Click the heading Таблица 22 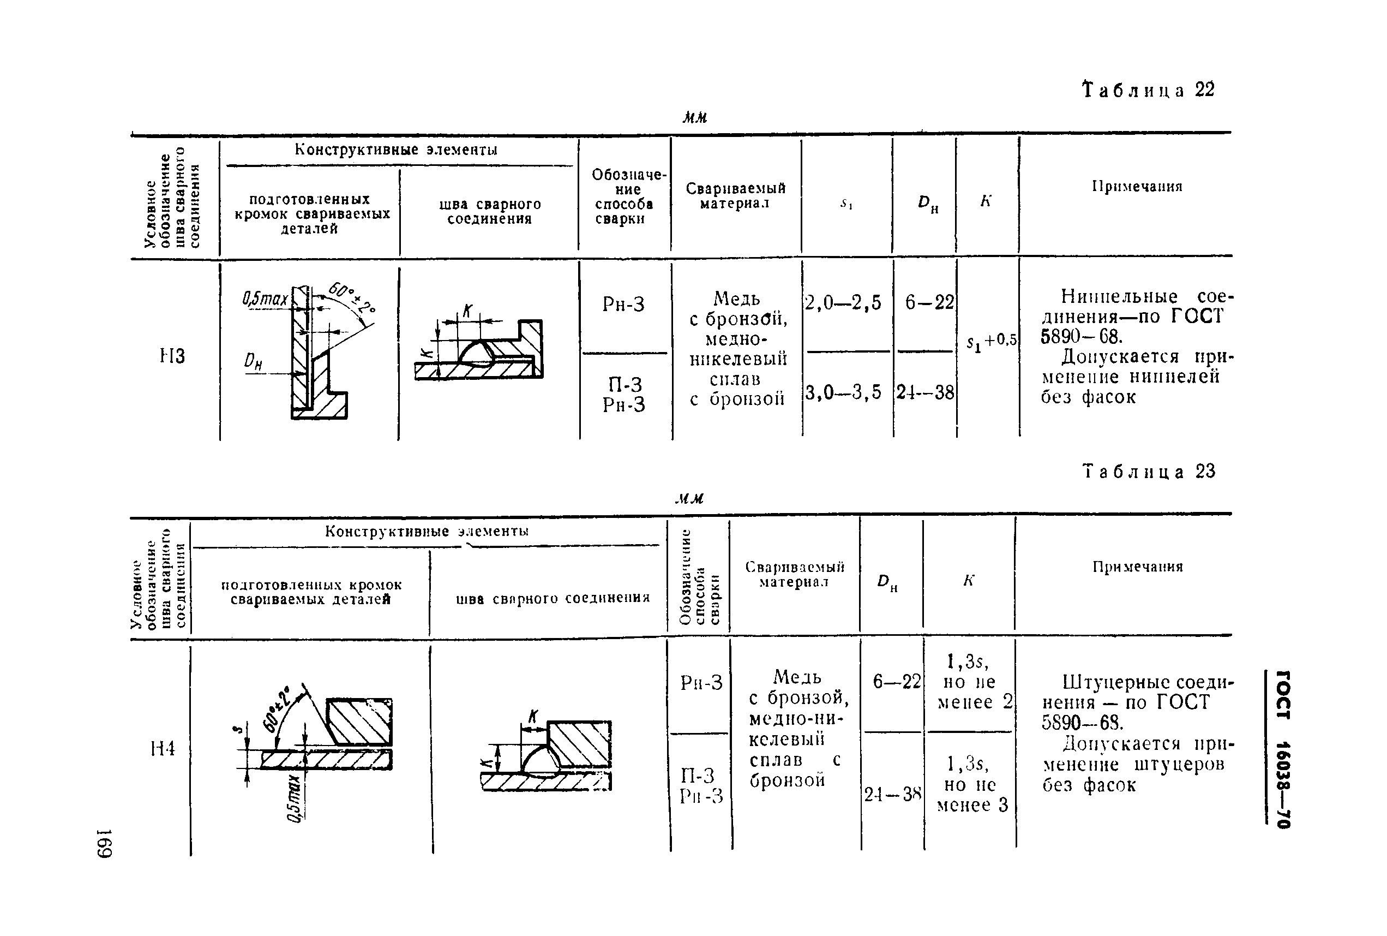tap(1148, 90)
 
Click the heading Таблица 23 tap(1148, 472)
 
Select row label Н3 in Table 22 tap(172, 356)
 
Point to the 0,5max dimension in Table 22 tap(265, 299)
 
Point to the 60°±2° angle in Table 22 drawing tap(352, 299)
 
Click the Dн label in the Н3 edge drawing tap(254, 361)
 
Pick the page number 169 tap(105, 843)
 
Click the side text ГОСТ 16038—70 tap(1282, 749)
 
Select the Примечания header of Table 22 tap(1137, 186)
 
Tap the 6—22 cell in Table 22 tap(929, 303)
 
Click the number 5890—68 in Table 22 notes tap(1082, 337)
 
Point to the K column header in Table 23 tap(968, 580)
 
